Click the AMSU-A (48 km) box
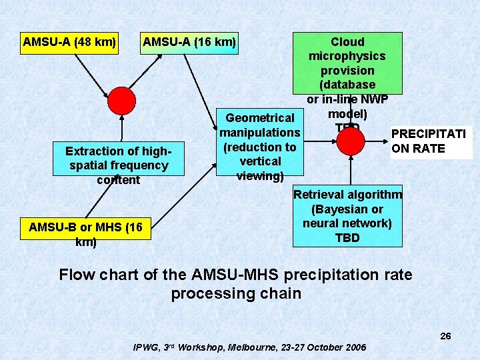click(69, 43)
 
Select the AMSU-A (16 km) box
click(189, 43)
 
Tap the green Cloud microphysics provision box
click(347, 63)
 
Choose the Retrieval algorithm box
click(347, 215)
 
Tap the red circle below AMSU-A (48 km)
click(122, 101)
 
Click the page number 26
click(445, 336)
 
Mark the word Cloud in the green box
click(347, 42)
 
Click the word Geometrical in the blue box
click(260, 119)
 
